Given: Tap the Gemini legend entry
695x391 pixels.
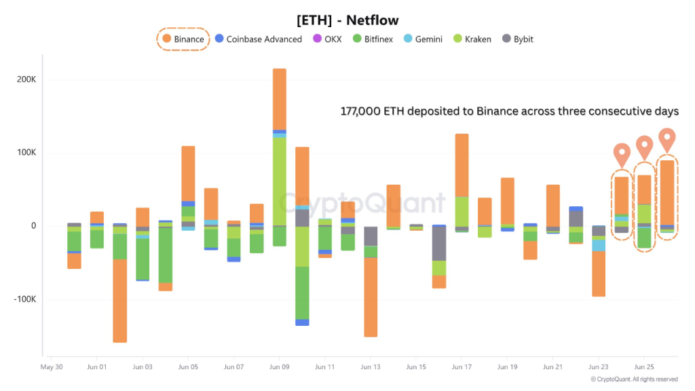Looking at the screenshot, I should (x=423, y=39).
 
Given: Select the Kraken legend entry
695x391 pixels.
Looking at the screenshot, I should (x=471, y=39).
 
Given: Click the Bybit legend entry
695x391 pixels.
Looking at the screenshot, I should (x=517, y=39).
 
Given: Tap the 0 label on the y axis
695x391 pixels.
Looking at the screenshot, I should (x=33, y=226).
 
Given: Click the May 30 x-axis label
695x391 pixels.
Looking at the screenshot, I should (x=52, y=367).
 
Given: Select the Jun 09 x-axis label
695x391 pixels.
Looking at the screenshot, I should (x=279, y=367).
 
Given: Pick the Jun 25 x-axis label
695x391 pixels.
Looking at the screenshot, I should (x=643, y=367).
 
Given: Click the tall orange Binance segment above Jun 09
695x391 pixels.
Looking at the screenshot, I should (x=279, y=98).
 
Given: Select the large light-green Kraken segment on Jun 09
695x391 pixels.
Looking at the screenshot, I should (x=279, y=181).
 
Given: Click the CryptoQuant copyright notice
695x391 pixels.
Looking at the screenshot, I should (x=633, y=379).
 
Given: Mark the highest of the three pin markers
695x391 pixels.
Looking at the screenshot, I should (x=666, y=137).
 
